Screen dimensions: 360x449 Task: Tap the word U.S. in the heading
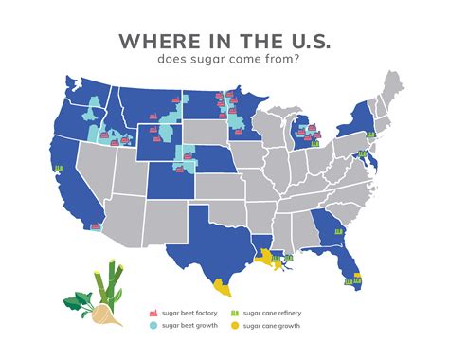302,43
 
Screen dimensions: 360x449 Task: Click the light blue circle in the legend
153,325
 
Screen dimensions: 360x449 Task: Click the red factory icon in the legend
153,312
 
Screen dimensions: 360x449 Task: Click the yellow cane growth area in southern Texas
222,285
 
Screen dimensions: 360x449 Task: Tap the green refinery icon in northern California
60,169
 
